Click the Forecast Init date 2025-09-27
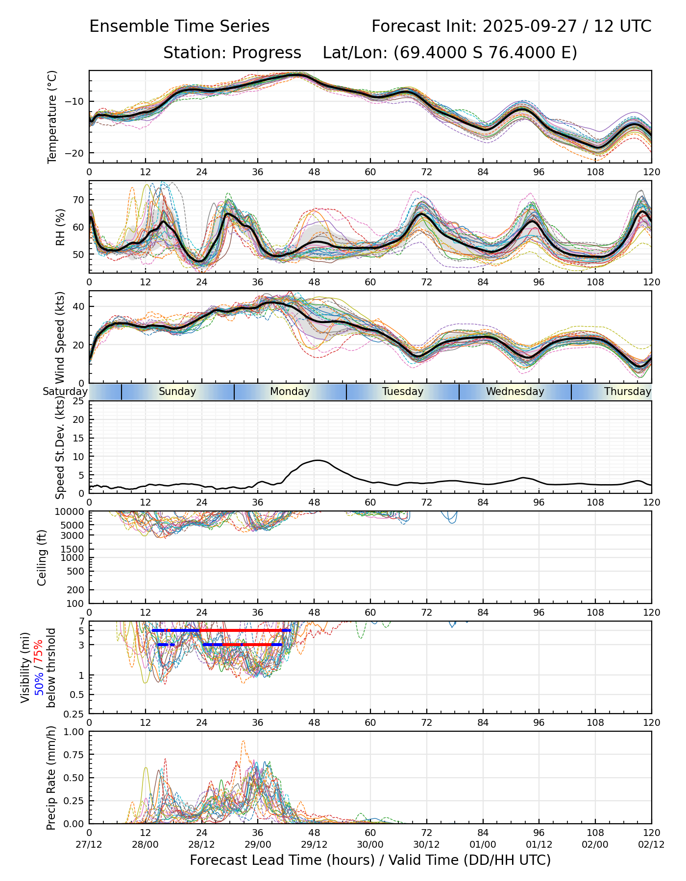click(x=530, y=26)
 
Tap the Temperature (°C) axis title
click(x=52, y=116)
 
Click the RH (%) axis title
click(x=60, y=227)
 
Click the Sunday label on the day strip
click(x=177, y=392)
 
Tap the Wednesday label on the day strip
click(x=515, y=392)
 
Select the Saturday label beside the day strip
click(x=65, y=392)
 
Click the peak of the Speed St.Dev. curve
click(x=318, y=460)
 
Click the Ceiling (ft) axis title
click(x=42, y=557)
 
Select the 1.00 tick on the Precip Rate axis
click(x=74, y=732)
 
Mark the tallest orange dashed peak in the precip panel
click(x=244, y=741)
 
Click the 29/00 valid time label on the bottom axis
click(x=258, y=844)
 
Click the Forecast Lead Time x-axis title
click(x=370, y=860)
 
